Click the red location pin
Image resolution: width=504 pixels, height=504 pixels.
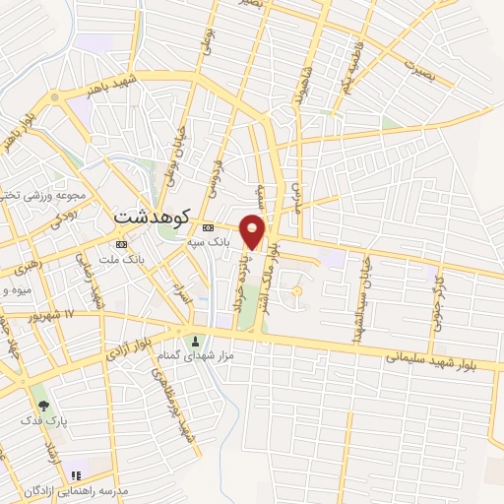point(254,230)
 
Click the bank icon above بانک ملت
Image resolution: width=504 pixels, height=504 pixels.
point(121,243)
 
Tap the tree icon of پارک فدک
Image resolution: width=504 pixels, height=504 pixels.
point(41,404)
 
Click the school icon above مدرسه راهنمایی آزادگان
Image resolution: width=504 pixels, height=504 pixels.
point(76,476)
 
